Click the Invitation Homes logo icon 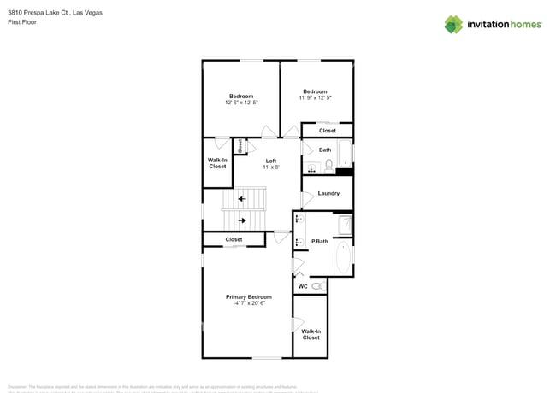click(x=453, y=24)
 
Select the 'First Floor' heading click(x=21, y=22)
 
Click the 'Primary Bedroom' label click(x=248, y=297)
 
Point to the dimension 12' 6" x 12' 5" click(x=241, y=102)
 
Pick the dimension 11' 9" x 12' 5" click(x=315, y=97)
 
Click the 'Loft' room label click(x=270, y=161)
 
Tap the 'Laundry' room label click(x=328, y=193)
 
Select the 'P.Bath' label click(x=319, y=242)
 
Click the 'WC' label click(x=302, y=286)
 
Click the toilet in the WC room click(x=316, y=286)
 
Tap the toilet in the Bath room click(x=328, y=165)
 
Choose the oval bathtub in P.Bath click(x=342, y=257)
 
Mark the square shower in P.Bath click(x=344, y=226)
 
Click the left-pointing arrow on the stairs click(x=242, y=199)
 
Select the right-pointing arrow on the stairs click(x=242, y=220)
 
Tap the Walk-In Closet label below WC click(x=311, y=334)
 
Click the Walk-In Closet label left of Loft click(x=217, y=163)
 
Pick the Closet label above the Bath click(x=328, y=131)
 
